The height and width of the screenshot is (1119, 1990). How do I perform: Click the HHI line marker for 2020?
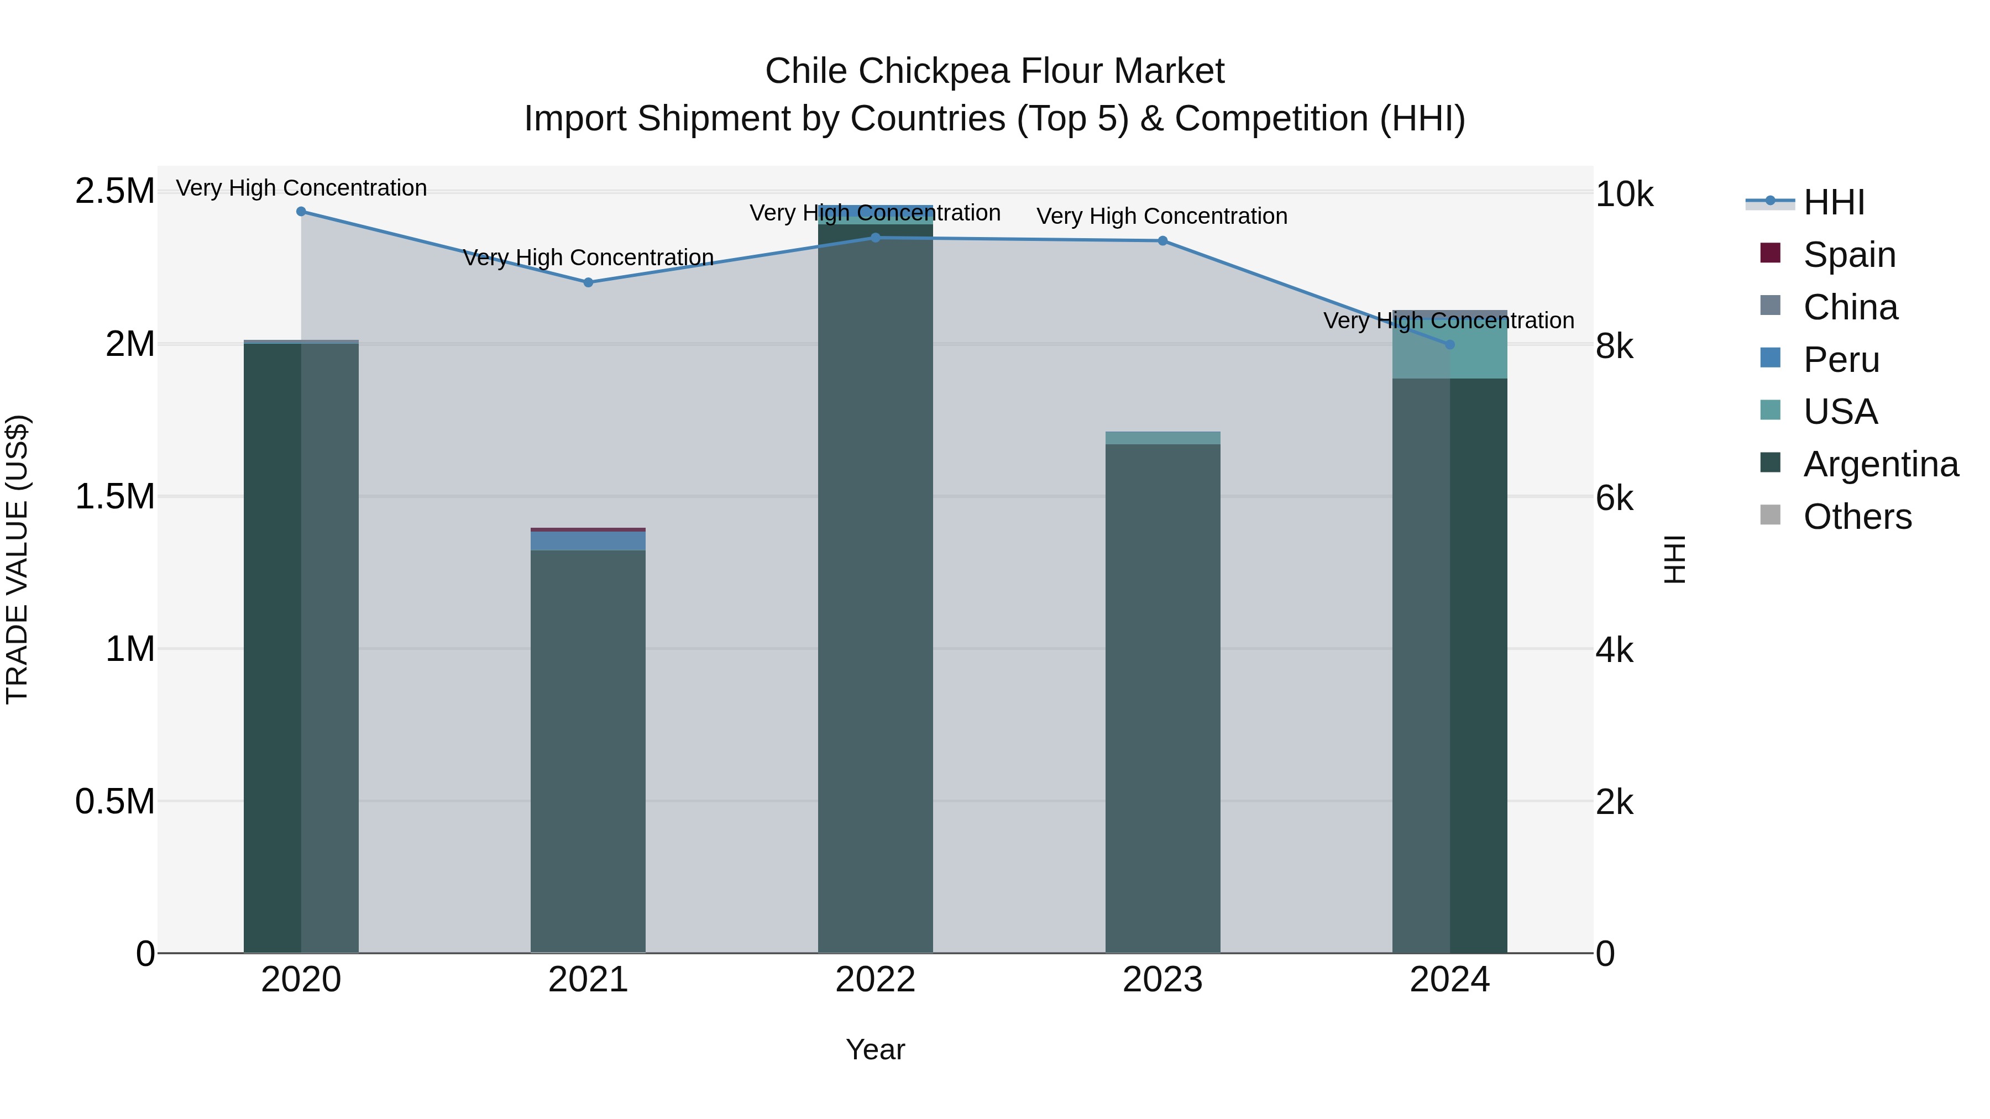[x=301, y=212]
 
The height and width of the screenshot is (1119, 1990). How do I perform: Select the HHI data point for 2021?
[x=588, y=282]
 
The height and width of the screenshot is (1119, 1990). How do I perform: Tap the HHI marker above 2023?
[x=1162, y=241]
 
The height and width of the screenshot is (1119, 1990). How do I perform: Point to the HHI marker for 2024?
[x=1449, y=344]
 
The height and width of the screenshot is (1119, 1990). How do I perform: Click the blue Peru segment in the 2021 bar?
[x=588, y=540]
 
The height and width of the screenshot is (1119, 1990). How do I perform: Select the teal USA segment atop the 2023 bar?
[x=1162, y=438]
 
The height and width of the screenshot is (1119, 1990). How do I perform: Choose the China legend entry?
[x=1850, y=307]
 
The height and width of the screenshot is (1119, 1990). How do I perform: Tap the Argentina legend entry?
[x=1881, y=464]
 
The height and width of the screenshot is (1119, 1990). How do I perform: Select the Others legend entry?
[x=1857, y=517]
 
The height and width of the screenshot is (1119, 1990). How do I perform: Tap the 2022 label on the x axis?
[x=875, y=980]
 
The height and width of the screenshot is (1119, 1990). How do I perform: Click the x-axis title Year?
[x=875, y=1049]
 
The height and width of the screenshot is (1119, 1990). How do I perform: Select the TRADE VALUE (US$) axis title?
[x=17, y=559]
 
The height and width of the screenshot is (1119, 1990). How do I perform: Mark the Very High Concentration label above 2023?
[x=1162, y=216]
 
